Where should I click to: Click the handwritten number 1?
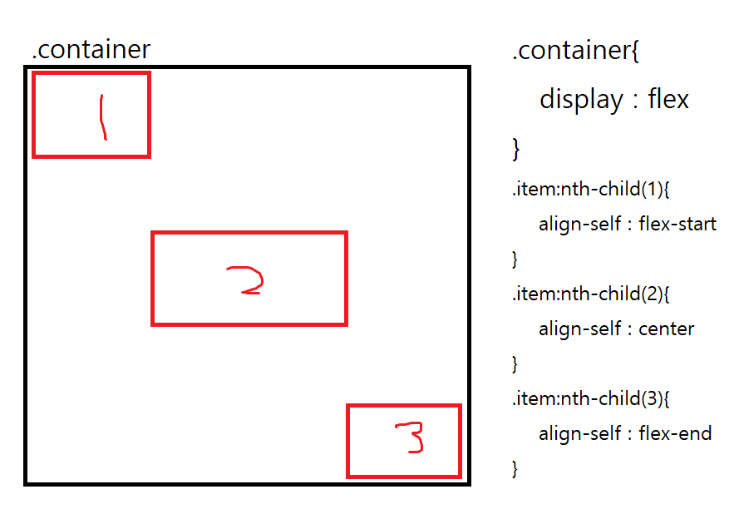click(102, 116)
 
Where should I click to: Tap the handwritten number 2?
click(246, 280)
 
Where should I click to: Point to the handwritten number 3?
click(409, 438)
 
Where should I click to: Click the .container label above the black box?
click(91, 49)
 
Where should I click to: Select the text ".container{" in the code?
click(575, 51)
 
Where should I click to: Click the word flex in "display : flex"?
click(668, 100)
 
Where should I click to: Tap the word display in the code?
click(581, 100)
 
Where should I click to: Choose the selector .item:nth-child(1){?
click(591, 190)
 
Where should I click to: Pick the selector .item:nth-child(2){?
click(591, 294)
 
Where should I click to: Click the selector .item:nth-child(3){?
click(591, 398)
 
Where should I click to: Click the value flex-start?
click(677, 225)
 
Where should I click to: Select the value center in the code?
click(666, 329)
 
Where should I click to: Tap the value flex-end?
click(675, 433)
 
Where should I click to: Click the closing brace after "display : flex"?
click(516, 150)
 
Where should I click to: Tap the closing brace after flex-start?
click(515, 259)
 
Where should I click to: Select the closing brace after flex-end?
click(515, 468)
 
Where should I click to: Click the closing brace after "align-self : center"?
click(515, 363)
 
